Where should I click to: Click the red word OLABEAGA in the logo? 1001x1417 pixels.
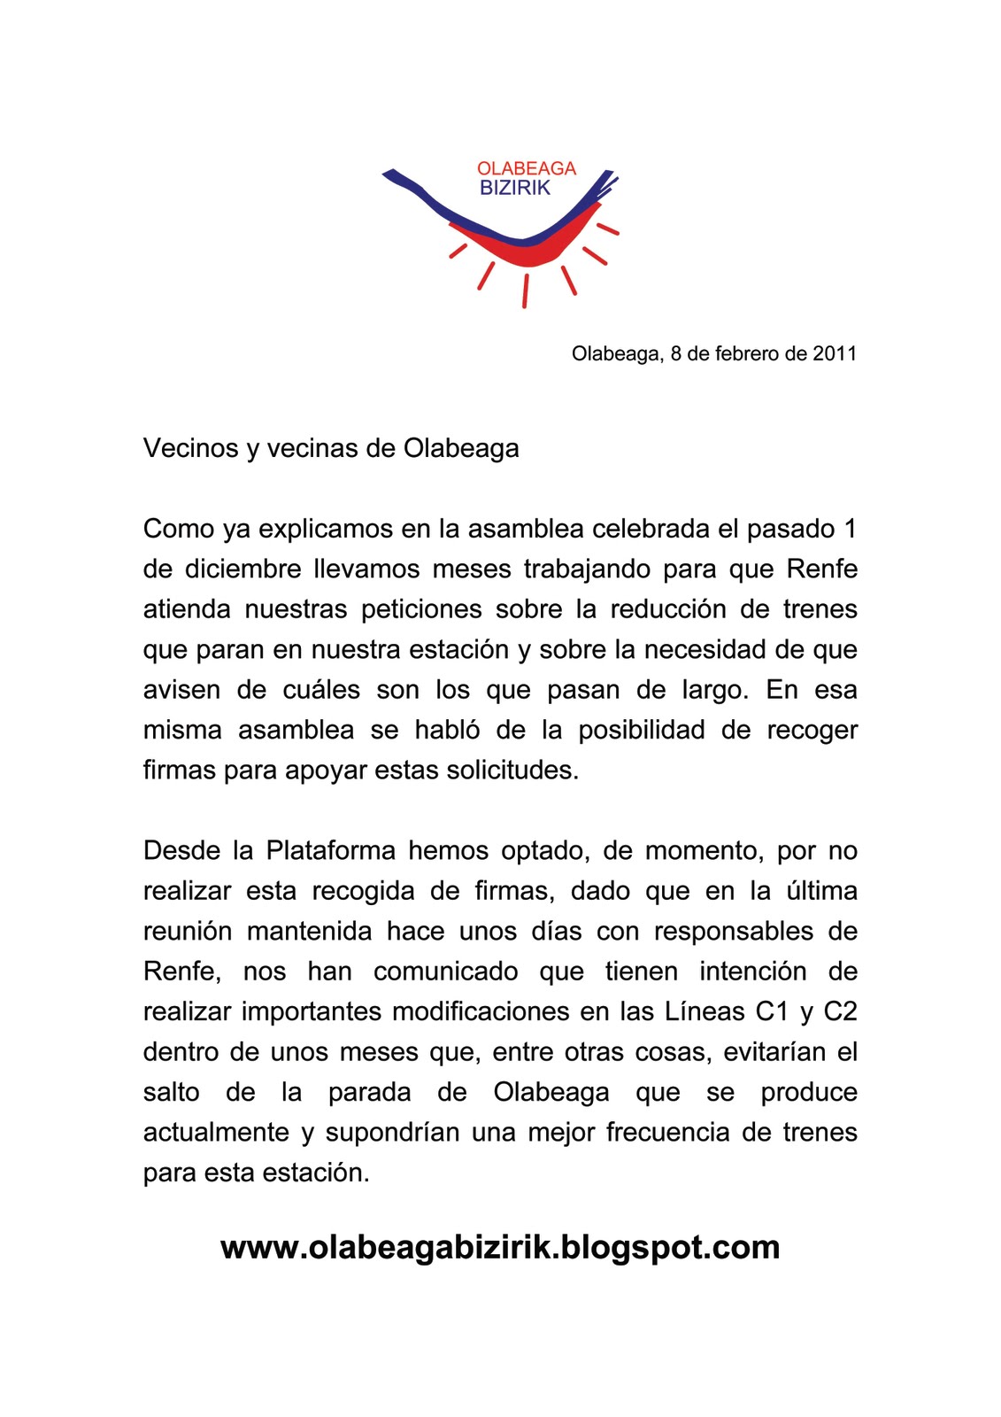pyautogui.click(x=526, y=168)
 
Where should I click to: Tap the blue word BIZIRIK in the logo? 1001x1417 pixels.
pyautogui.click(x=514, y=188)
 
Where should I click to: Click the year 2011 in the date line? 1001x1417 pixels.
pyautogui.click(x=835, y=354)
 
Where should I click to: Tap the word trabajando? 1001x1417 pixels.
pyautogui.click(x=585, y=569)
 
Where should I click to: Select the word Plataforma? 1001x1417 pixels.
pyautogui.click(x=331, y=851)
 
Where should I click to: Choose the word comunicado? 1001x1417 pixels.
pyautogui.click(x=445, y=972)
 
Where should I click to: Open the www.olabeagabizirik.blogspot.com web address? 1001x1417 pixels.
pyautogui.click(x=500, y=1247)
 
